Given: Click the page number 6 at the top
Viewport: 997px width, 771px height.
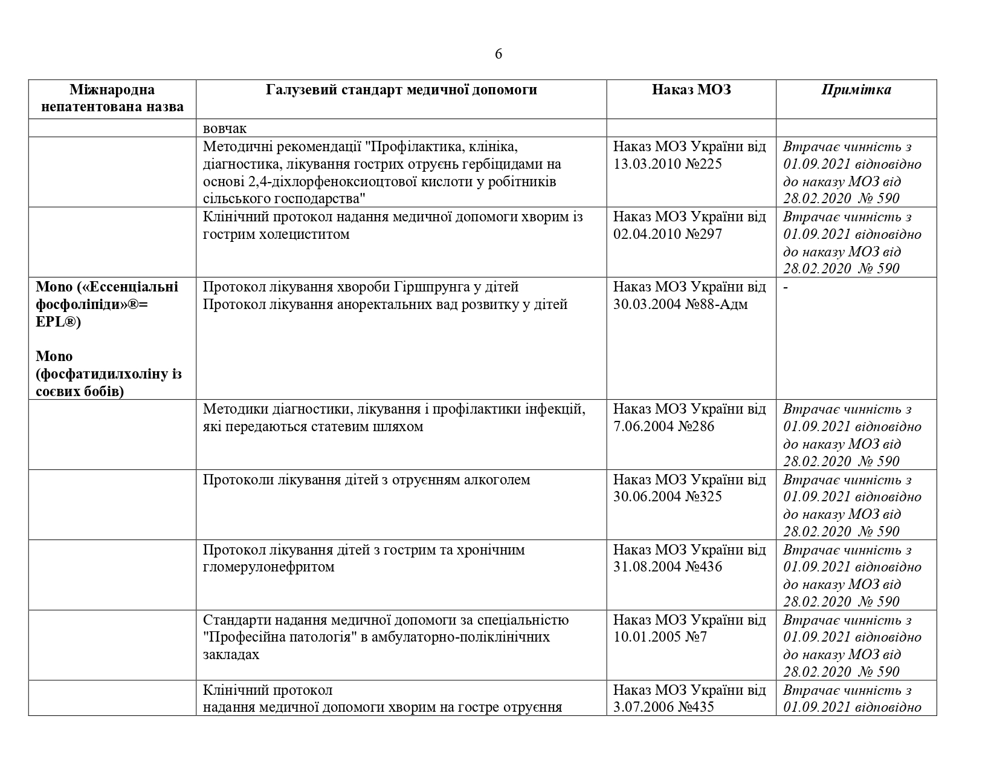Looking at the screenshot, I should pos(498,54).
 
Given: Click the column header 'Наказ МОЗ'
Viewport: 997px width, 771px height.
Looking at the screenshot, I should pos(691,90).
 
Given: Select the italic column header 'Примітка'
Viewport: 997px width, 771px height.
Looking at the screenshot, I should pos(856,90).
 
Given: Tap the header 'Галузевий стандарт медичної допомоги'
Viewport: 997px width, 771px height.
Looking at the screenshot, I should pos(401,90).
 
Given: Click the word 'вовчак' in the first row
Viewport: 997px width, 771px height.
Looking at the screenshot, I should pos(225,128).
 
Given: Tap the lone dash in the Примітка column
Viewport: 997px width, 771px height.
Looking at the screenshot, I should pos(786,287).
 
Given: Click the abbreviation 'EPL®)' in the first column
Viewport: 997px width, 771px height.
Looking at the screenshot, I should pos(59,322).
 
